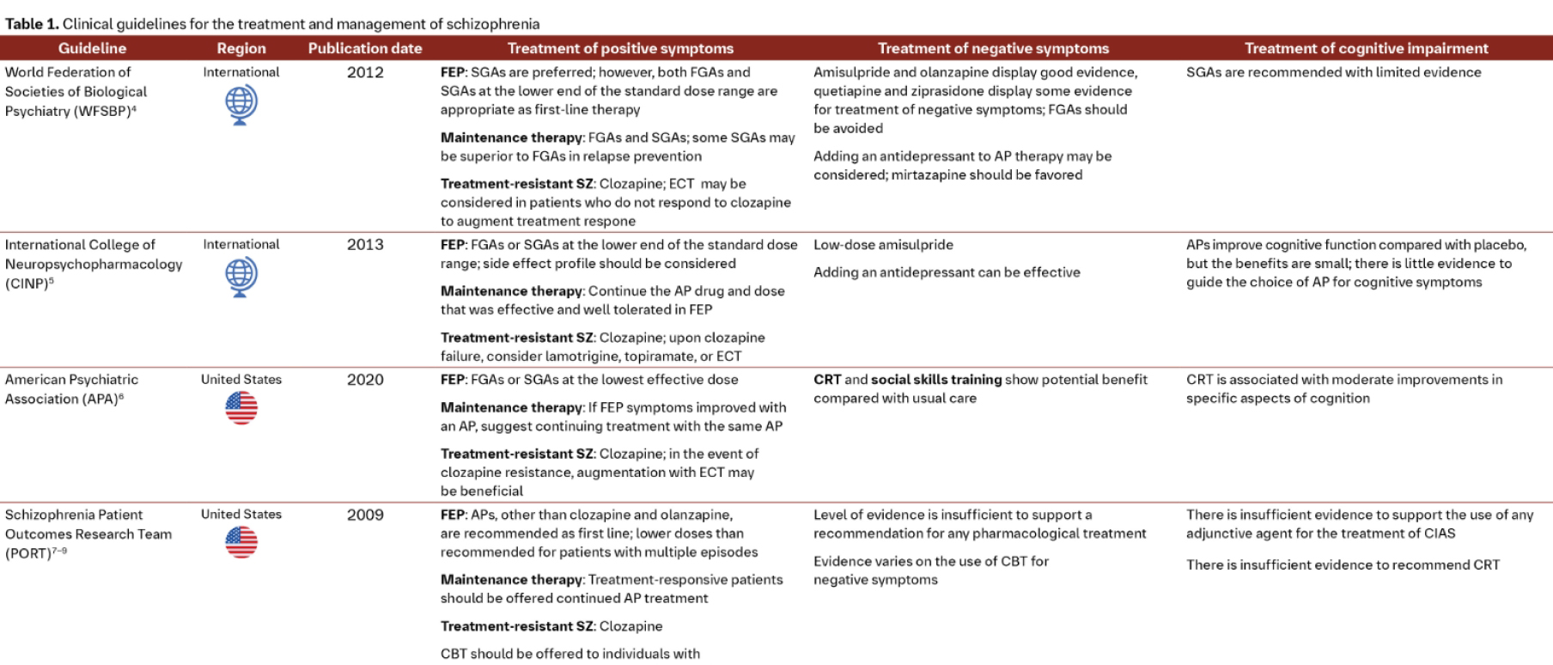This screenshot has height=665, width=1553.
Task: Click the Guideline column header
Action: tap(92, 48)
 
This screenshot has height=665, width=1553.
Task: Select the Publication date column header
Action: tap(365, 48)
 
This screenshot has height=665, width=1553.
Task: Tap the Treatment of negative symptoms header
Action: tap(993, 48)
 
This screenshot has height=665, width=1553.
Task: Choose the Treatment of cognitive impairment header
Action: tap(1366, 48)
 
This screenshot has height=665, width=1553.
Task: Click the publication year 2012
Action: tap(365, 72)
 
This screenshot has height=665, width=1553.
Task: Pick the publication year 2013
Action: tap(365, 245)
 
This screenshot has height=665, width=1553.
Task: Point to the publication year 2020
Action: tap(365, 380)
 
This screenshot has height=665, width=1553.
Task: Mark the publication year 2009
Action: tap(365, 515)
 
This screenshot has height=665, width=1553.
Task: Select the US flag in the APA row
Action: tap(241, 407)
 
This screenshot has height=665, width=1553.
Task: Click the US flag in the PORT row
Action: tap(241, 542)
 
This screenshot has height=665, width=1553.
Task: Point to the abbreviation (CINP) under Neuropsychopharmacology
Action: tap(27, 283)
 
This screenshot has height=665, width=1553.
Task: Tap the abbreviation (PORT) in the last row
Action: tap(27, 553)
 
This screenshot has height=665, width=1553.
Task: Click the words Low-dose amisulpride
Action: tap(883, 245)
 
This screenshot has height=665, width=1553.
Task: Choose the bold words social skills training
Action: tap(936, 380)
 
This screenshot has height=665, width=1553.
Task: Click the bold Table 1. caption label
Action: tap(31, 24)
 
